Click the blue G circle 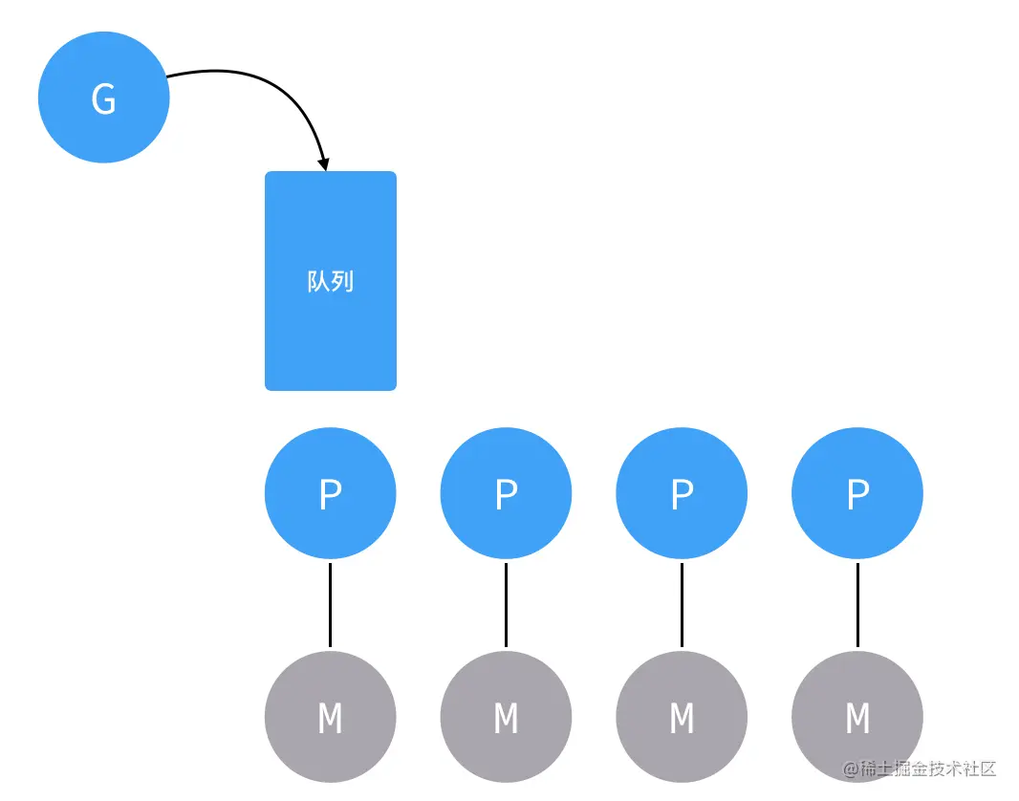click(104, 97)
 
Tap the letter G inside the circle click(104, 99)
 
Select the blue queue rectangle click(331, 281)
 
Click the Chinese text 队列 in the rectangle click(331, 281)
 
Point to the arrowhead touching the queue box click(323, 164)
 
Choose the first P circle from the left click(330, 493)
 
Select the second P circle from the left click(507, 493)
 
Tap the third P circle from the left click(682, 493)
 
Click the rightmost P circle click(857, 493)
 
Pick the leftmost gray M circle click(330, 717)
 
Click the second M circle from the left click(507, 717)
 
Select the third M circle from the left click(682, 717)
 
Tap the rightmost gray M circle click(857, 717)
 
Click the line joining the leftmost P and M click(330, 605)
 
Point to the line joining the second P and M click(507, 605)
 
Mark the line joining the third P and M click(682, 605)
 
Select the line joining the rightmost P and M click(857, 605)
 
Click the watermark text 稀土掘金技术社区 click(928, 769)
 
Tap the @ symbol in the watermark click(851, 769)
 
